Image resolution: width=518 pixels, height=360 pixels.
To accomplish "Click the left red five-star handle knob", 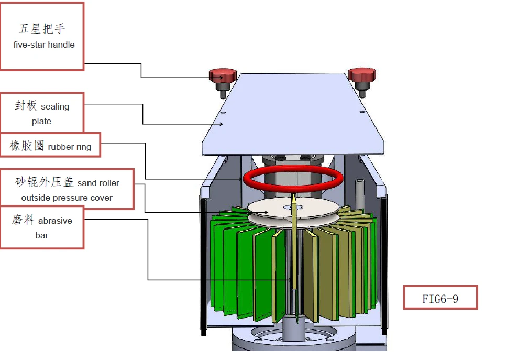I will click(x=223, y=76).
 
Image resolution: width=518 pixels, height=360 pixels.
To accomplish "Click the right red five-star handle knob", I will click(x=362, y=75).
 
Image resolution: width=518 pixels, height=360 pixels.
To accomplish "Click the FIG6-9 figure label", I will click(x=440, y=299).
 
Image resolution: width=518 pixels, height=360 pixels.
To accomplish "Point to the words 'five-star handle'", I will click(x=44, y=45).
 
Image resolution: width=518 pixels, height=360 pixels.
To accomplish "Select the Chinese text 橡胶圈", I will click(x=27, y=146).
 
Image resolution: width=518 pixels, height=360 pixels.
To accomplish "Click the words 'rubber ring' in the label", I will click(x=70, y=147).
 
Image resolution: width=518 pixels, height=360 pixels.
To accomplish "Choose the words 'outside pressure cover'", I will click(x=67, y=198).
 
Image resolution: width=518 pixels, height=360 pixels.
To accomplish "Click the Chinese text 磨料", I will click(x=23, y=220).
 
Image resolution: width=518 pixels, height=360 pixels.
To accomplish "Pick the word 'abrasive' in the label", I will click(x=56, y=221).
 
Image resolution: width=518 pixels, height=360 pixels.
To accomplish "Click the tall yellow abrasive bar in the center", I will click(x=294, y=246).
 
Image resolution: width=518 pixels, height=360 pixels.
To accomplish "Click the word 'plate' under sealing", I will click(x=42, y=122).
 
